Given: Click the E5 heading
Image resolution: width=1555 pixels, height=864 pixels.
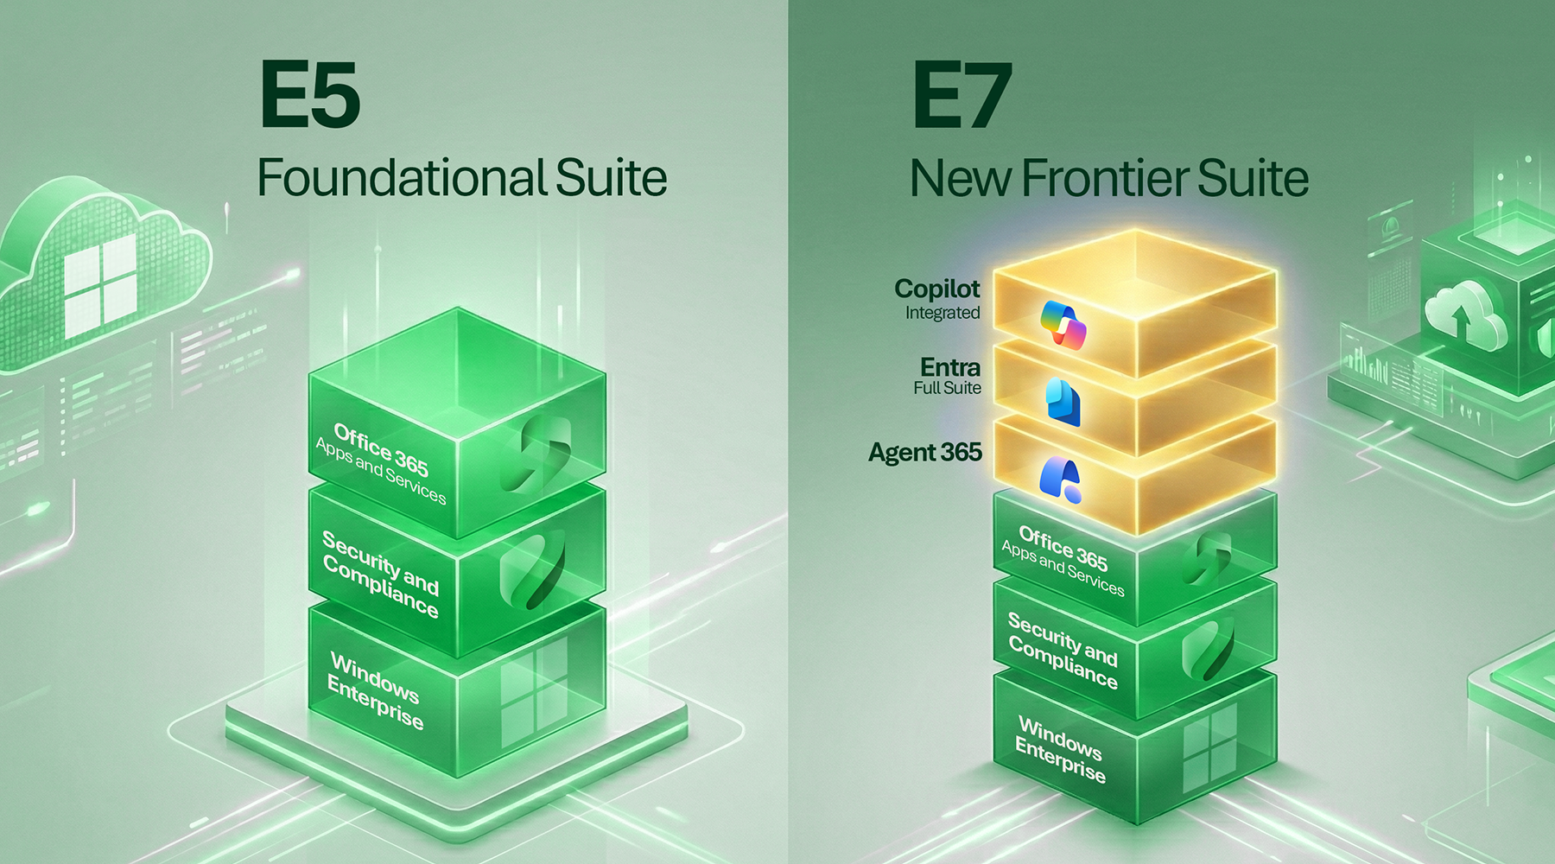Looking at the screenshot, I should click(x=309, y=95).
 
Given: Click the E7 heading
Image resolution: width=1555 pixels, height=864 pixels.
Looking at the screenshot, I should click(x=962, y=95).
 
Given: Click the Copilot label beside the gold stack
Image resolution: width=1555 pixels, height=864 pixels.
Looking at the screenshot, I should click(x=937, y=289).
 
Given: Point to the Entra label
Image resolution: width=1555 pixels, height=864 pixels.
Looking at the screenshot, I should click(x=950, y=367).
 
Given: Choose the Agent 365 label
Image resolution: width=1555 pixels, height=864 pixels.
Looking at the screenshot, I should click(x=925, y=453).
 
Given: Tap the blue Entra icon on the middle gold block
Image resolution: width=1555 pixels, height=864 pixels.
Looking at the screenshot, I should click(x=1063, y=401).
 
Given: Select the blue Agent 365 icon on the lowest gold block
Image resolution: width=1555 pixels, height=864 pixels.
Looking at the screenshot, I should click(x=1060, y=480).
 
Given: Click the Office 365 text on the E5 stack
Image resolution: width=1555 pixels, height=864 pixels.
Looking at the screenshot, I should click(x=381, y=450).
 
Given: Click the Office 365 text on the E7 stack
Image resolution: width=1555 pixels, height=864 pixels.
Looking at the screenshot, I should click(x=1063, y=549).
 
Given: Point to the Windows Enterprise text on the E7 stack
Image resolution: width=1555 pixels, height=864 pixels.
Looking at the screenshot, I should click(x=1060, y=748).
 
